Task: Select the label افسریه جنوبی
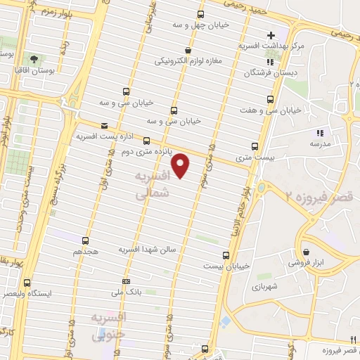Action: coord(108,327)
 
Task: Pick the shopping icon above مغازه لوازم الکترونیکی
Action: coord(188,50)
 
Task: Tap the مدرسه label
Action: coord(321,143)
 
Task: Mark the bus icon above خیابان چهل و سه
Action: coord(201,14)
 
